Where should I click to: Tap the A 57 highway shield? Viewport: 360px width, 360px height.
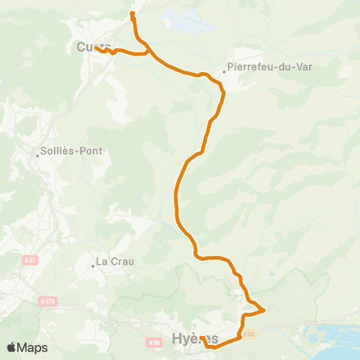tap(30, 259)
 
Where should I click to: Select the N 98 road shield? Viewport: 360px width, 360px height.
tap(154, 343)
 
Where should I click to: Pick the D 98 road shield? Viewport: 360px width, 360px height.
tap(250, 334)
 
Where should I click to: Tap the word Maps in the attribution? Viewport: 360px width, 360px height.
tap(33, 347)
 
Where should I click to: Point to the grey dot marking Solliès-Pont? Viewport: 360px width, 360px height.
tap(37, 156)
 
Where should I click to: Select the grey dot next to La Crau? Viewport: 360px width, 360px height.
tap(93, 263)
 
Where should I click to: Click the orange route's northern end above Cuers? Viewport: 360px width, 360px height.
tap(133, 13)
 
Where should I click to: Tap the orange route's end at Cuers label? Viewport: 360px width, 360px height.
tap(97, 49)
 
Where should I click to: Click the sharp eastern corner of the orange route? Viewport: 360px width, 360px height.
tap(265, 309)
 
